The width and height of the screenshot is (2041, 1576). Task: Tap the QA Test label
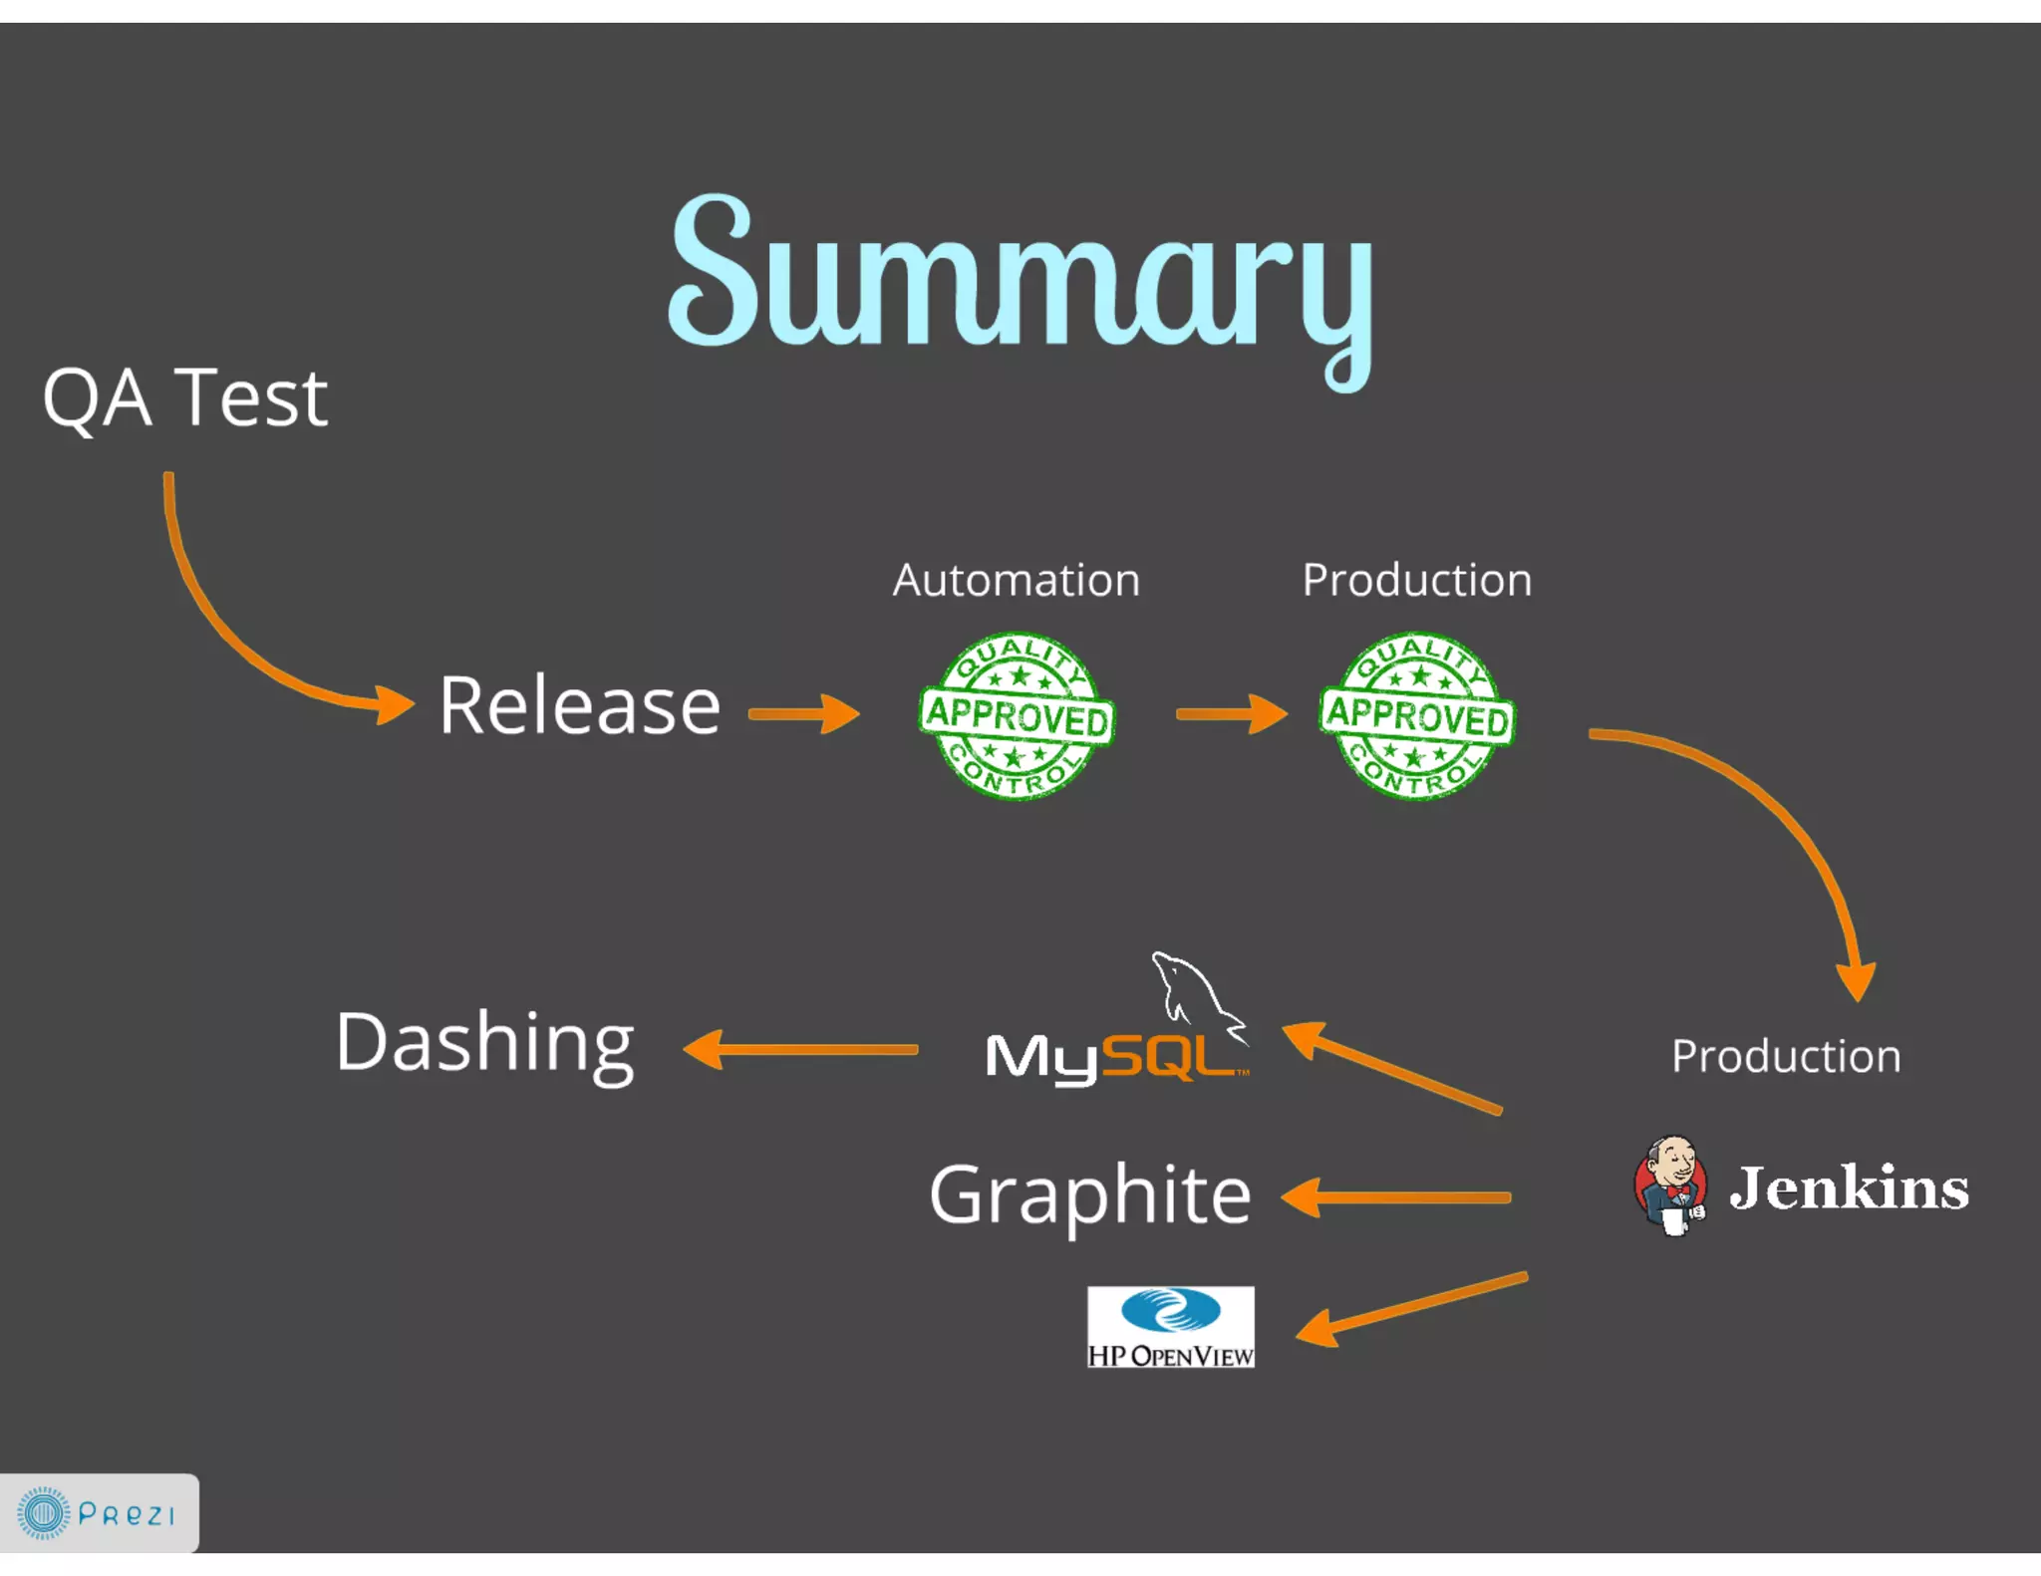tap(185, 397)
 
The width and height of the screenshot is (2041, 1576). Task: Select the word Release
tap(579, 706)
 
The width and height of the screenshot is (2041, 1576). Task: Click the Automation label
tap(1016, 580)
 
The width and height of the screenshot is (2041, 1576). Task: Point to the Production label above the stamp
tap(1416, 580)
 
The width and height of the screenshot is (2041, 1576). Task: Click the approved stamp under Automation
tap(1016, 715)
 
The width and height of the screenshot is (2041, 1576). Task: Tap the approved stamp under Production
tap(1416, 715)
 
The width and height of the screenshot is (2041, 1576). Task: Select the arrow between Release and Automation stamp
tap(803, 713)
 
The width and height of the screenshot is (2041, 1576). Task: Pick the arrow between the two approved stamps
tap(1232, 713)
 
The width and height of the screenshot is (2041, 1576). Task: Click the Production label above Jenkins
tap(1786, 1056)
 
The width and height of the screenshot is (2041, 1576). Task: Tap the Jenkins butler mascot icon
tap(1671, 1184)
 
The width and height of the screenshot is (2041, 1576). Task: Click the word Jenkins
tap(1849, 1187)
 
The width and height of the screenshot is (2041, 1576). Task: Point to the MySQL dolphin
tap(1196, 991)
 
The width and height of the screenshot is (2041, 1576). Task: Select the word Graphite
tap(1089, 1195)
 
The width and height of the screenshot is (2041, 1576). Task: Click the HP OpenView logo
tap(1170, 1327)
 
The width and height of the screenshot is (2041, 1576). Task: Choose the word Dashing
tap(484, 1043)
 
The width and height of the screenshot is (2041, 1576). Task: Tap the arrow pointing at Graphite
tap(1395, 1197)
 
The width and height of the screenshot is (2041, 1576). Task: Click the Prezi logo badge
tap(99, 1512)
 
